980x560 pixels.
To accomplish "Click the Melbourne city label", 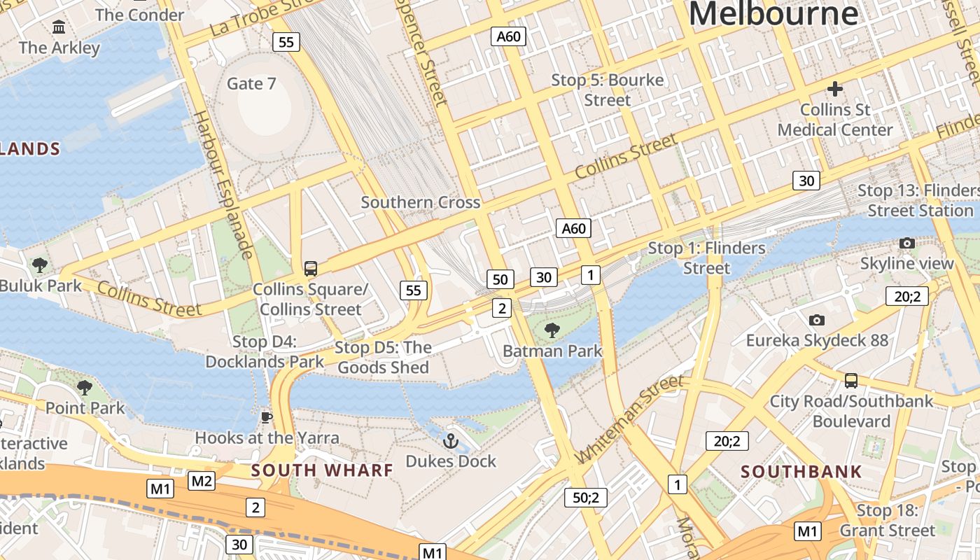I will pos(773,14).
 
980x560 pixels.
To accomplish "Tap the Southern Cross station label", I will pos(420,202).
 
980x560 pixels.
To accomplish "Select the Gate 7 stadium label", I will pos(251,83).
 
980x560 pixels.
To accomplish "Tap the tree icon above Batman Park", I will pos(552,330).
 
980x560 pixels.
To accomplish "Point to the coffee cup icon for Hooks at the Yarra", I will pos(266,417).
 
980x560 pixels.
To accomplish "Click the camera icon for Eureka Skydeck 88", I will pos(816,320).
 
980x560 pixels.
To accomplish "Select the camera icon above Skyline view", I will pos(907,243).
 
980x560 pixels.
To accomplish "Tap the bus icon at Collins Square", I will pos(310,268).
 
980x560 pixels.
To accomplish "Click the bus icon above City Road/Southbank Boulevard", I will pos(851,380).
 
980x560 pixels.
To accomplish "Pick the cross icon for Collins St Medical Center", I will pos(834,89).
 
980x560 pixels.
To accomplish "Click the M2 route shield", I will pos(202,481).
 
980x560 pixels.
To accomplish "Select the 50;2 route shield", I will pos(585,498).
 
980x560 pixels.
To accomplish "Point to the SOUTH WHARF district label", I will pos(322,470).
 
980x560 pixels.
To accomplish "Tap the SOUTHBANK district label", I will pos(801,471).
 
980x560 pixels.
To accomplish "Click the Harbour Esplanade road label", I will pos(223,185).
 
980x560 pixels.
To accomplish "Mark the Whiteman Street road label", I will pos(629,419).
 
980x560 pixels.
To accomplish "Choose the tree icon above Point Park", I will pos(85,387).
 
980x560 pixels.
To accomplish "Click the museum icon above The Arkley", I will pos(59,27).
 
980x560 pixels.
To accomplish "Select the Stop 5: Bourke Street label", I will pos(607,90).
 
